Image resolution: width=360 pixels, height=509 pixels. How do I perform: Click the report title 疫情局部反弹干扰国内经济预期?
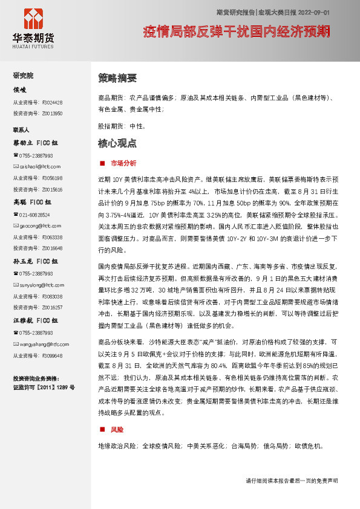237,31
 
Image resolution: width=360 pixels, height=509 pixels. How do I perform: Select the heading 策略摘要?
117,78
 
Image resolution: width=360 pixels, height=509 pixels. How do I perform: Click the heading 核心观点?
117,144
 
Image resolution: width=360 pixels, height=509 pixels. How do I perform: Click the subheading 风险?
117,429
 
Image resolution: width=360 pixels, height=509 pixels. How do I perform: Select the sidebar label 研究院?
24,76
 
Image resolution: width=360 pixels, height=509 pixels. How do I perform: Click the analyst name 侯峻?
20,89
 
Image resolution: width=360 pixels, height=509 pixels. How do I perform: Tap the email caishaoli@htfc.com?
36,166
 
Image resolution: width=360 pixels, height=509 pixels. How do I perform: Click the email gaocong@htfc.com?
35,225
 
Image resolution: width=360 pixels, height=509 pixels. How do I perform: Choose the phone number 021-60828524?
34,215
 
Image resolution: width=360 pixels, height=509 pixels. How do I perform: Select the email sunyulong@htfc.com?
38,285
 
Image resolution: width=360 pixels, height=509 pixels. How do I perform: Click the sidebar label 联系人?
21,130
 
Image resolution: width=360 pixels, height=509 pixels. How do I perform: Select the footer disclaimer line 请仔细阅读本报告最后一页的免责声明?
291,481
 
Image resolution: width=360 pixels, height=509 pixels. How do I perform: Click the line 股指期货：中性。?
121,126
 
